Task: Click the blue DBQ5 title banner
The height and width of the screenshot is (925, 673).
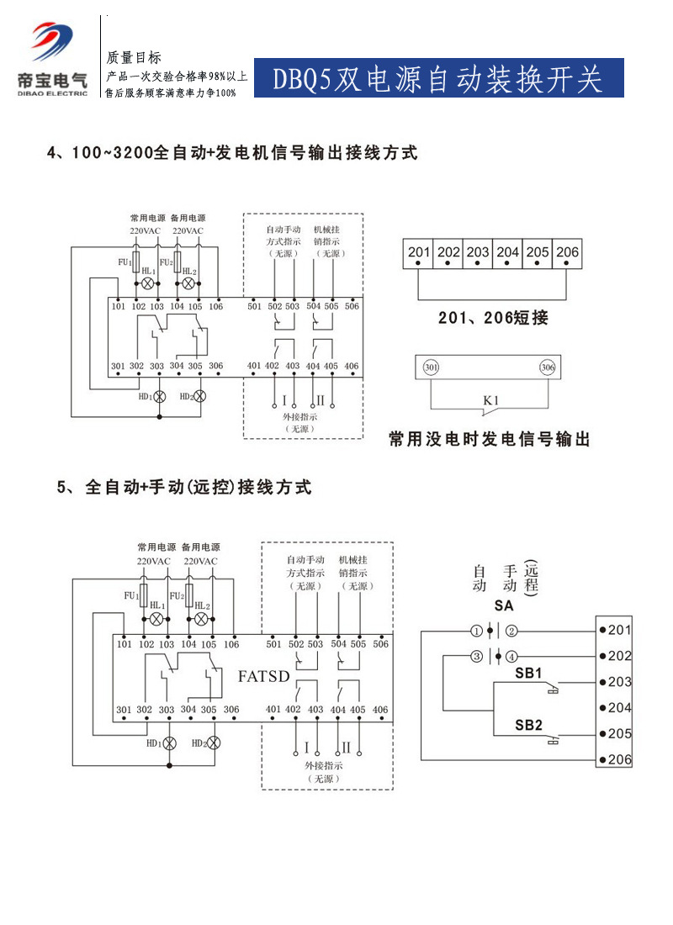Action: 438,78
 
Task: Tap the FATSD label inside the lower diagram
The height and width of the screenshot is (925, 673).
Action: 264,675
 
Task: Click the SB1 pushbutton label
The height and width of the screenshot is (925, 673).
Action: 527,673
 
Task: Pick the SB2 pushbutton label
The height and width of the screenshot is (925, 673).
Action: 527,725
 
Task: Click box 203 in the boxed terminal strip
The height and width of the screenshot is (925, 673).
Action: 478,252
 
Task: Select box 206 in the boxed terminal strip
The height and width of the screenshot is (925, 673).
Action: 567,252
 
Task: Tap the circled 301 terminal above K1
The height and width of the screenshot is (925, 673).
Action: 431,367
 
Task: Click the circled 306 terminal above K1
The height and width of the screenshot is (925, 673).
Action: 547,367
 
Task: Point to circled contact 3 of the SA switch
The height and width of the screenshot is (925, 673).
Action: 476,656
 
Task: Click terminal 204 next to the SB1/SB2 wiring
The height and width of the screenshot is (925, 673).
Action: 618,707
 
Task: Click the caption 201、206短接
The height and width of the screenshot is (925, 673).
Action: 493,318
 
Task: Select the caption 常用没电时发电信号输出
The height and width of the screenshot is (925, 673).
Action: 489,439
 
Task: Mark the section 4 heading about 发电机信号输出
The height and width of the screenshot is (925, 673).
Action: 232,153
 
